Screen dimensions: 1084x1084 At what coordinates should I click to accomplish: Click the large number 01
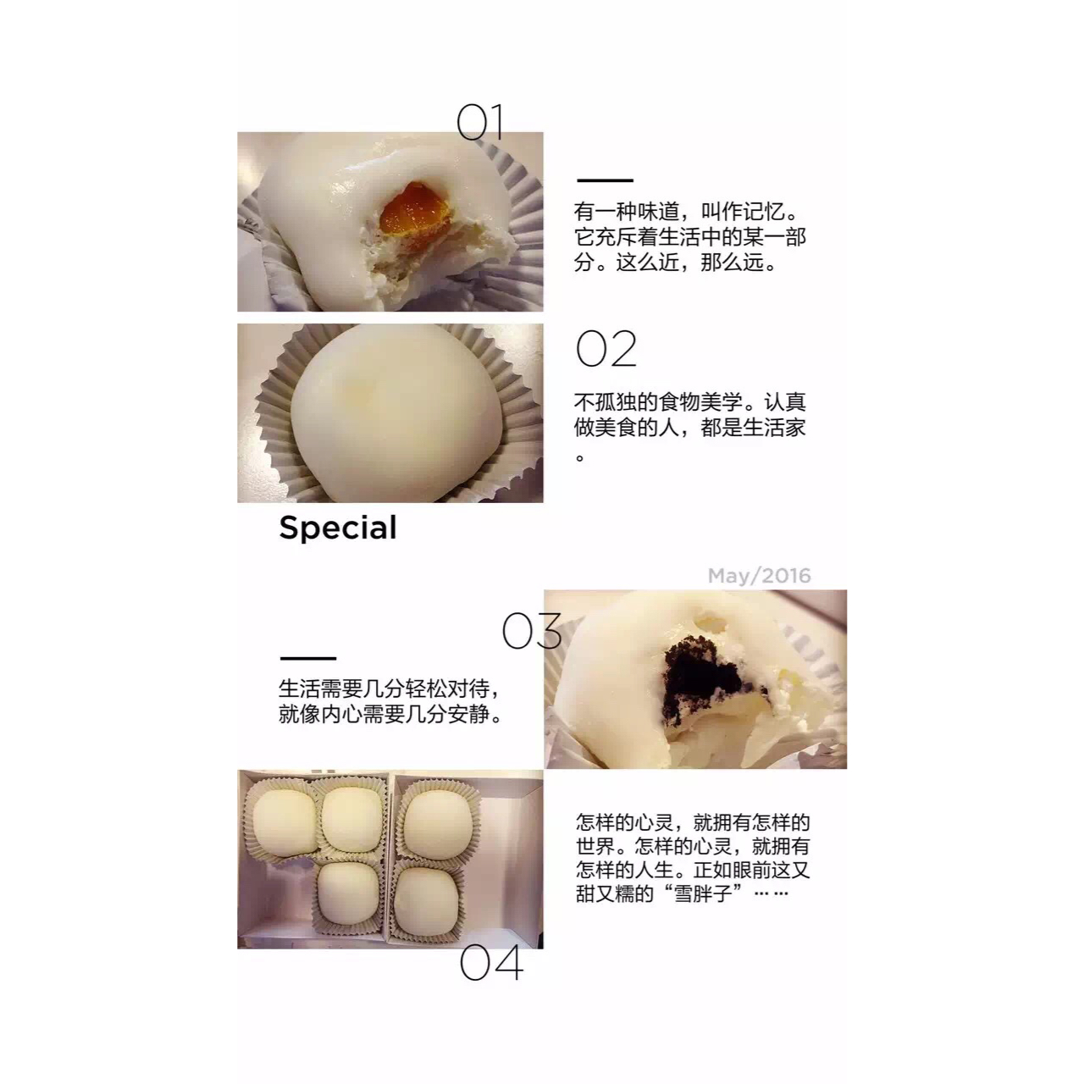(x=478, y=122)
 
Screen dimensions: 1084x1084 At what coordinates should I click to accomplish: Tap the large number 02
(x=606, y=349)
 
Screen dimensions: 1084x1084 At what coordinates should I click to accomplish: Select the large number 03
(x=532, y=631)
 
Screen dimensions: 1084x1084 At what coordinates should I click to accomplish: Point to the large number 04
(x=491, y=963)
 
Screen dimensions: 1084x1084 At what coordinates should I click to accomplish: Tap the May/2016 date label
(x=759, y=576)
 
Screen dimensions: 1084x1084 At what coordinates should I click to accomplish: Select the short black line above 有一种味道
(x=605, y=180)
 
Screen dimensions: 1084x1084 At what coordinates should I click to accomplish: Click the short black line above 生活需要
(x=307, y=658)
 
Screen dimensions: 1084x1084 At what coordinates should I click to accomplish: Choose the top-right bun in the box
(x=440, y=820)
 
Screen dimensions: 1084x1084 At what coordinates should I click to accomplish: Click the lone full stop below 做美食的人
(x=580, y=457)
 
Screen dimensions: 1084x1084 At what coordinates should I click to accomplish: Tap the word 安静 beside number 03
(x=469, y=715)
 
